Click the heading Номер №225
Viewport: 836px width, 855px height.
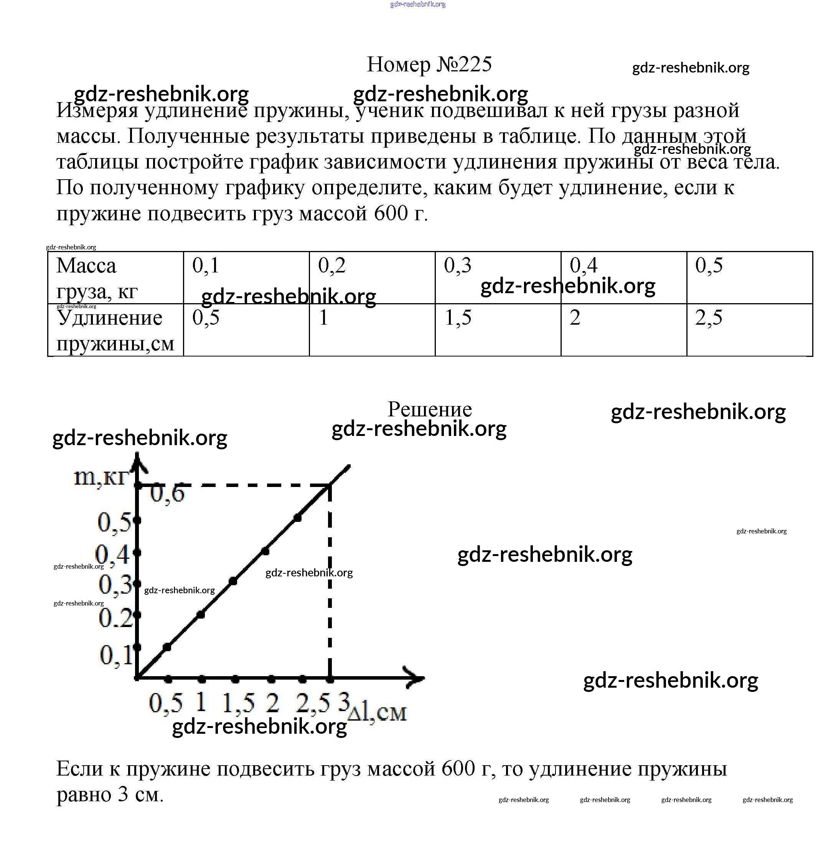429,64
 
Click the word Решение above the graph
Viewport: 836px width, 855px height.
429,409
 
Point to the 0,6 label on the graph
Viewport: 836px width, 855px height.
167,494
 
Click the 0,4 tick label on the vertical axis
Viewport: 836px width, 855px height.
112,555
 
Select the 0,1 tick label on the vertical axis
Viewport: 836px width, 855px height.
115,655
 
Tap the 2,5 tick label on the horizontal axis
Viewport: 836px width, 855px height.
313,703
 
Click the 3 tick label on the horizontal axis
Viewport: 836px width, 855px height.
344,701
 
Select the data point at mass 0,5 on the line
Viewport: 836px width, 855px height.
298,518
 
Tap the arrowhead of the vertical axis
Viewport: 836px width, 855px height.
137,460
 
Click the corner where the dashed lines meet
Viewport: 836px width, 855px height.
330,485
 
